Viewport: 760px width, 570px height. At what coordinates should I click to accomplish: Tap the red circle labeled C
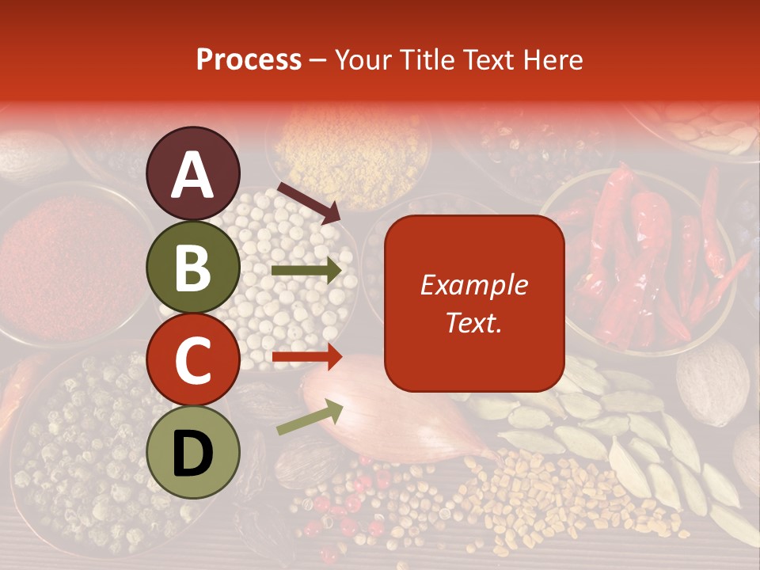[x=192, y=359]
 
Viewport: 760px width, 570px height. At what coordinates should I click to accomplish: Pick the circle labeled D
[x=192, y=452]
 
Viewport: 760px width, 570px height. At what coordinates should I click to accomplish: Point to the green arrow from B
[x=306, y=271]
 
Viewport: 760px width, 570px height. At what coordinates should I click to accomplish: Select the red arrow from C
[x=306, y=357]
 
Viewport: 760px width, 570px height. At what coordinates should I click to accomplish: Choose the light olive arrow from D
[x=310, y=417]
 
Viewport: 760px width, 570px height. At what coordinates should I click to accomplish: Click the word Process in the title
[x=249, y=59]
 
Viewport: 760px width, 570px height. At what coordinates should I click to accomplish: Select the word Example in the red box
[x=473, y=285]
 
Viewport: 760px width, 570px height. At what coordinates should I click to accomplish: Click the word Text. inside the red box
[x=473, y=322]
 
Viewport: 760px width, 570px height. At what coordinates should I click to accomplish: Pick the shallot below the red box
[x=372, y=412]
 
